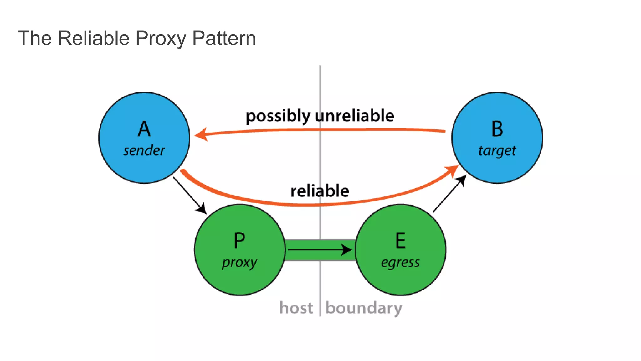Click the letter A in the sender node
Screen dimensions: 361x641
coord(144,129)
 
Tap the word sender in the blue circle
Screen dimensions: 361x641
coord(144,151)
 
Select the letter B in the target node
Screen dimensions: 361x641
coord(497,129)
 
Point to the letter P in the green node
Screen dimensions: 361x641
coord(239,241)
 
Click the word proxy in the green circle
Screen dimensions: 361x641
coord(239,263)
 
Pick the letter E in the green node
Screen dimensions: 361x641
coord(400,241)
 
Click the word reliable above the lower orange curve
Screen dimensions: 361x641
coord(320,191)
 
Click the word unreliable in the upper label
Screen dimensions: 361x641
coord(355,116)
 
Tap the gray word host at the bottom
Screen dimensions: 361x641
coord(296,308)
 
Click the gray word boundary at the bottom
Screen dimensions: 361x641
coord(364,308)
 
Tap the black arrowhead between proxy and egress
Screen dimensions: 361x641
coord(347,250)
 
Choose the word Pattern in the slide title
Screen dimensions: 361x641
coord(224,38)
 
